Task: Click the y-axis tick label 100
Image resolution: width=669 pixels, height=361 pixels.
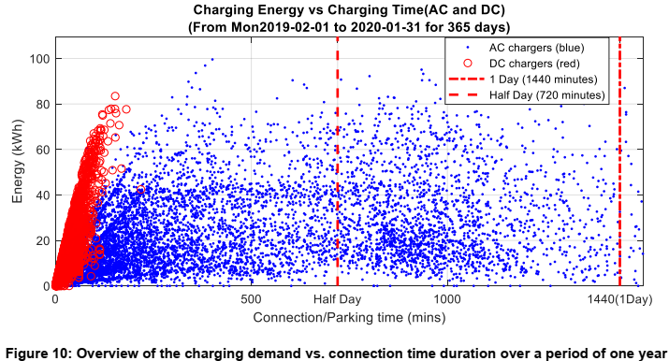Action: click(38, 58)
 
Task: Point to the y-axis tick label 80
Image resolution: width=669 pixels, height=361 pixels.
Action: click(41, 104)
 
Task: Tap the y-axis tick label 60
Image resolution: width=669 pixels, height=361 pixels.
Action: click(41, 150)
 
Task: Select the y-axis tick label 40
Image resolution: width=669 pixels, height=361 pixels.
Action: click(41, 195)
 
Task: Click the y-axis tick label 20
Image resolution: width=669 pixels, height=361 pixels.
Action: click(41, 240)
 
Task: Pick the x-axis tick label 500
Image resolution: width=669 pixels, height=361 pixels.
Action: click(251, 298)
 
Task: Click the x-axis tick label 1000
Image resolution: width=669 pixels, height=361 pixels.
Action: click(447, 298)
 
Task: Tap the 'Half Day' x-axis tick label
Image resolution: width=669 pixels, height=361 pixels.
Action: click(337, 298)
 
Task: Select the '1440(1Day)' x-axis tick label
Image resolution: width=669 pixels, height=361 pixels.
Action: click(618, 298)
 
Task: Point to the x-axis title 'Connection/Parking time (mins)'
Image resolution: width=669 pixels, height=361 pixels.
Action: click(348, 318)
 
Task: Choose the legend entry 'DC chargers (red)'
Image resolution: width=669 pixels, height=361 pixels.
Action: click(543, 63)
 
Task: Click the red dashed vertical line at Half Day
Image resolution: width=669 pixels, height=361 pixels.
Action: click(337, 187)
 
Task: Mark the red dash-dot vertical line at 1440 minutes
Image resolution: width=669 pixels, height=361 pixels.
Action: click(619, 187)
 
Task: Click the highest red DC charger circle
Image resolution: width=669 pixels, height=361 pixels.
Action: click(115, 95)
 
